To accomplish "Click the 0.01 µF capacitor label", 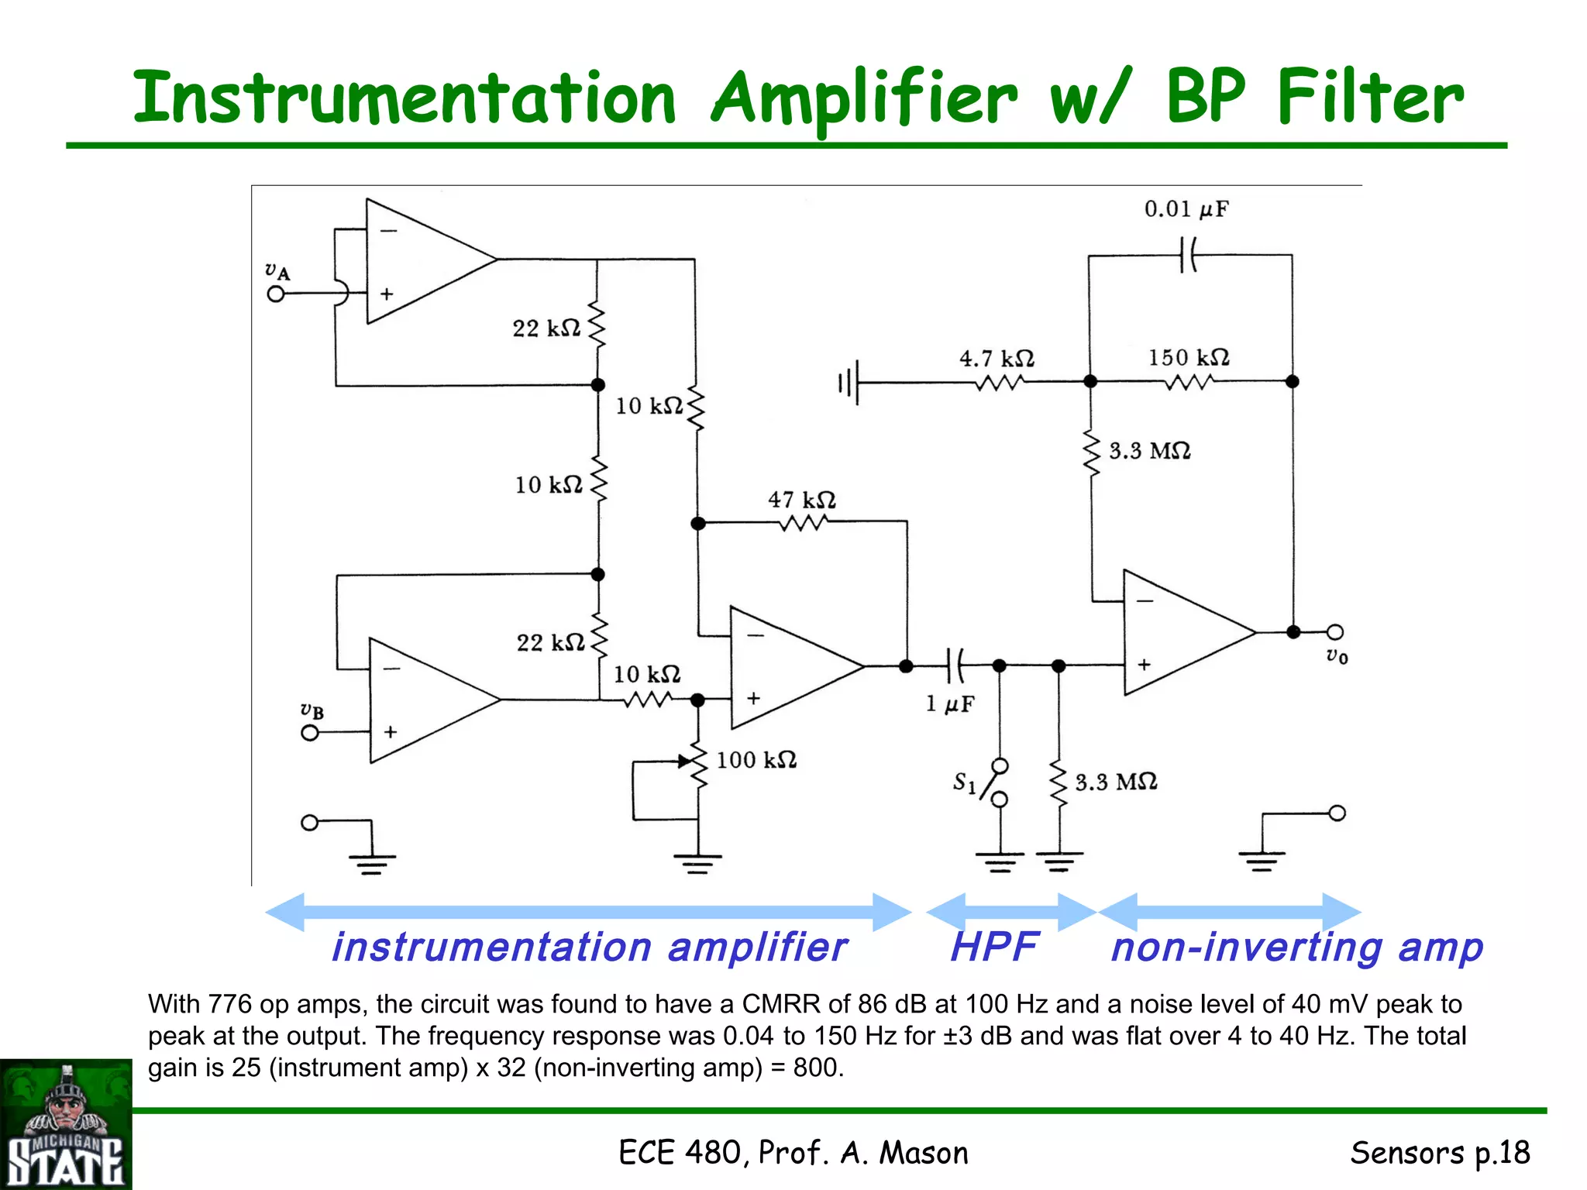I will coord(1186,209).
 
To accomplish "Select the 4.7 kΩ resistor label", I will coord(997,359).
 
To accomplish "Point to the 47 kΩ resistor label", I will coord(802,500).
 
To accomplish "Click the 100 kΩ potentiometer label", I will coord(756,760).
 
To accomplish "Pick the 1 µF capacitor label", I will coord(950,703).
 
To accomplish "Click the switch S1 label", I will coord(964,782).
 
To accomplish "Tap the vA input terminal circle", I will coord(276,294).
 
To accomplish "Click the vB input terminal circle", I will coord(310,732).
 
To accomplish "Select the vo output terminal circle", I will coord(1334,632).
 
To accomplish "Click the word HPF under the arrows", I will coord(994,947).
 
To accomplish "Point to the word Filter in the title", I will coord(1370,98).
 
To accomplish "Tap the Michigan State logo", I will coord(66,1125).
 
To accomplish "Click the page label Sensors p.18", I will coord(1440,1153).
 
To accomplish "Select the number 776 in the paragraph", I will coord(230,1004).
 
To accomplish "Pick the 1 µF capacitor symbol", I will coord(955,665).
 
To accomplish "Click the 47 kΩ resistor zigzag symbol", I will coord(802,524).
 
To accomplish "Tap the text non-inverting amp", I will coord(1296,947).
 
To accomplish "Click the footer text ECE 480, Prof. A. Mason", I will coord(793,1153).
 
